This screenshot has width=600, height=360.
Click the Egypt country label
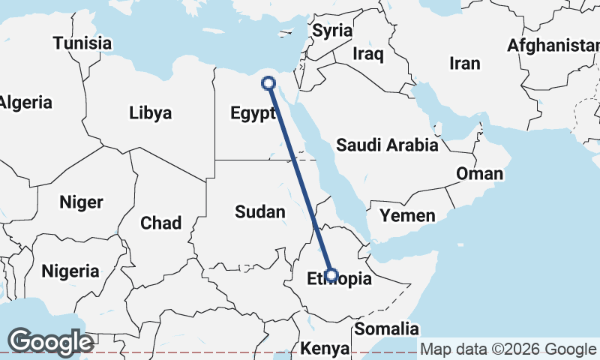(248, 115)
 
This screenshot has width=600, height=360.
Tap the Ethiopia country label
(340, 280)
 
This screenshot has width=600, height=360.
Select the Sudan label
(260, 211)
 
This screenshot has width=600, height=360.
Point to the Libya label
(151, 113)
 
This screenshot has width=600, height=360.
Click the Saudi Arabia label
(386, 145)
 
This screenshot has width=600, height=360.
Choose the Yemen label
(407, 216)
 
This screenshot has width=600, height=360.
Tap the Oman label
(480, 174)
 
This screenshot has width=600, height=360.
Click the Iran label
(464, 64)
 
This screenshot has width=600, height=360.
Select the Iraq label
(368, 54)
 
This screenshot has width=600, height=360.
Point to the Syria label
(332, 31)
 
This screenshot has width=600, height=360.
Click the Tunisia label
(82, 43)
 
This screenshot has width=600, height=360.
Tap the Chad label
(160, 223)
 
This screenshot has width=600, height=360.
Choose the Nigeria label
(70, 271)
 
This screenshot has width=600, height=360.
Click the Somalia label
(386, 328)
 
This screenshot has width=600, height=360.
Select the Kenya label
(325, 349)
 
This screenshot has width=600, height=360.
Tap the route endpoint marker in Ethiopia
(331, 275)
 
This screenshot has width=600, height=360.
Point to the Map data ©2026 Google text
(508, 349)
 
